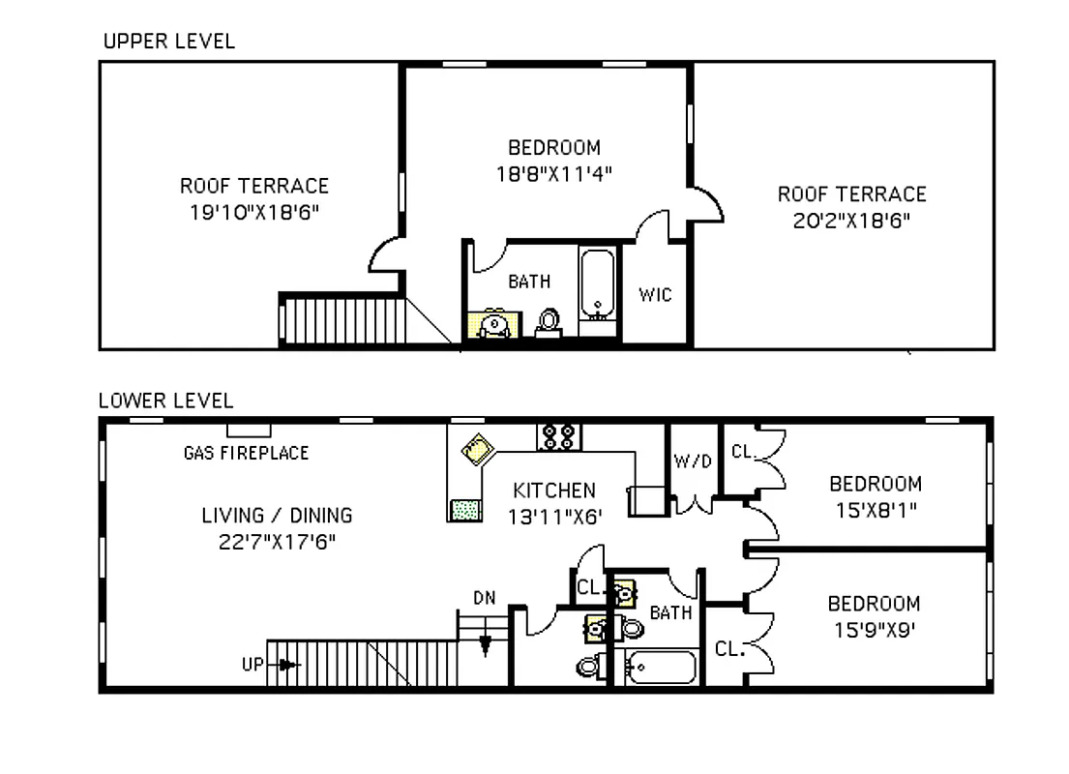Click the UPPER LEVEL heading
coord(168,42)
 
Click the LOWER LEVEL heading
coord(165,400)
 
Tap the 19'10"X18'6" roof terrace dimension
coord(254,211)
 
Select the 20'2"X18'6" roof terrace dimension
coord(851,220)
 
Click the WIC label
coord(655,294)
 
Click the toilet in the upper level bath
coord(549,322)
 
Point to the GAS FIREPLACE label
coord(246,453)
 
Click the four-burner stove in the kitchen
coord(559,436)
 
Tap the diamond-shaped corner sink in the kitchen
coord(477,450)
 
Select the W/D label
coord(693,461)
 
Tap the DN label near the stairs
coord(485,598)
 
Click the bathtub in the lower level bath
coord(661,667)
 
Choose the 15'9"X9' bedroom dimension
coord(873,629)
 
